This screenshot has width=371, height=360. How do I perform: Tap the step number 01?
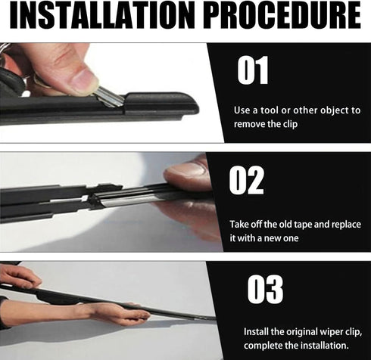253,71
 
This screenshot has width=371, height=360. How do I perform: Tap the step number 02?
247,181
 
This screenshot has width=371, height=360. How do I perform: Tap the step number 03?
265,290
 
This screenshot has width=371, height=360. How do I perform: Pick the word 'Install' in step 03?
257,332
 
